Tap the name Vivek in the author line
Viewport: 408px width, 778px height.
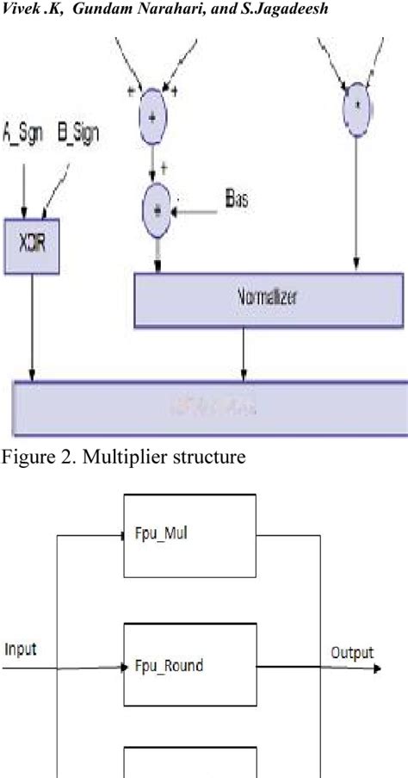20,9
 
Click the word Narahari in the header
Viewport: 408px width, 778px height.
118,9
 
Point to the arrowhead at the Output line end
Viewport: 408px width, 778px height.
378,665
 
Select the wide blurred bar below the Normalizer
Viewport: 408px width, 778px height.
207,406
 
